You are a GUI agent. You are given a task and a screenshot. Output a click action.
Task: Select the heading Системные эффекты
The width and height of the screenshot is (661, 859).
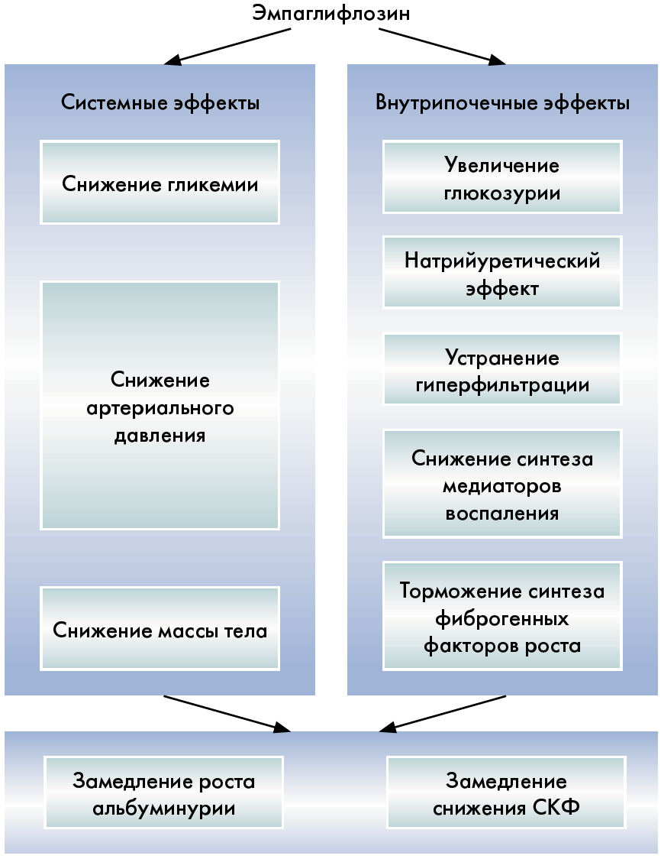coord(160,103)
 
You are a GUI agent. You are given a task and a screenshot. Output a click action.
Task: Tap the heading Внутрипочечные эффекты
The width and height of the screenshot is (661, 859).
coord(502,103)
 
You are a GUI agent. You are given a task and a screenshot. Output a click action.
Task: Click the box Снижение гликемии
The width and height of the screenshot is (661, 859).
coord(160,183)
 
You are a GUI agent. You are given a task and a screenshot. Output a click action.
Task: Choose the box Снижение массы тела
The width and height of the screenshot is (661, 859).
coord(160,630)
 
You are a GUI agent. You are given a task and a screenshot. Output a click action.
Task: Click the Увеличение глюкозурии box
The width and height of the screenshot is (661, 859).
coord(502,179)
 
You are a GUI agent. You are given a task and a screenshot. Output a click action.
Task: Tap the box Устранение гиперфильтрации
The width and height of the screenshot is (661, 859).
coord(502,371)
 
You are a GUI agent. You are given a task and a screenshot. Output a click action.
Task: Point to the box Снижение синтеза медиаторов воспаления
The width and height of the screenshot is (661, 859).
coord(502,485)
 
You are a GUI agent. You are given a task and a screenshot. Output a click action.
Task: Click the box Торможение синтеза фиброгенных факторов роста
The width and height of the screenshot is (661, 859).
coord(502,618)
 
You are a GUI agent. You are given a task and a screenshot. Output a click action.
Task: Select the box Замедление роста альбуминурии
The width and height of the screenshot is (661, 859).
coord(163,795)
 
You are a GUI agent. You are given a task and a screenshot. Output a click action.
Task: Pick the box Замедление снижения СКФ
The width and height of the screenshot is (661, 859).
coord(506,795)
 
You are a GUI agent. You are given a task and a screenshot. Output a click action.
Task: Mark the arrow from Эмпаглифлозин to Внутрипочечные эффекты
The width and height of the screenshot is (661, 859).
coord(443,46)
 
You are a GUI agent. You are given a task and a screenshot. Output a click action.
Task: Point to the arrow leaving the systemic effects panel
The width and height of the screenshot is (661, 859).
coord(229,712)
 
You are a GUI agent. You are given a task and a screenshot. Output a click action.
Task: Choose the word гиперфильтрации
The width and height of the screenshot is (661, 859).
coord(502,384)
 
